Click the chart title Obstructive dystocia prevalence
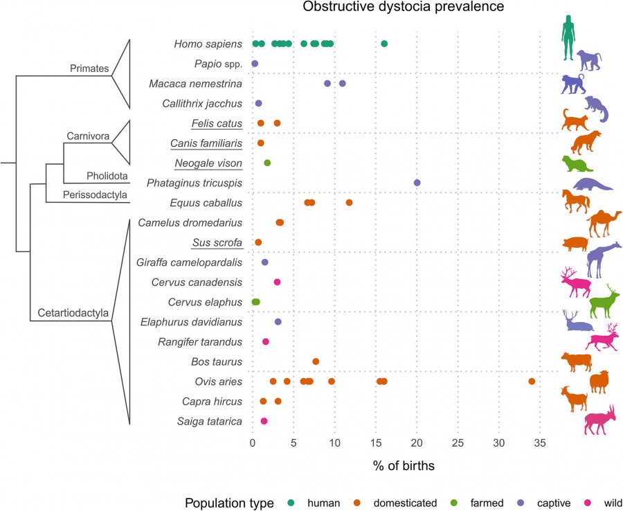pos(404,7)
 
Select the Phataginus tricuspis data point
pos(417,183)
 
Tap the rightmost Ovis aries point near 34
pos(532,382)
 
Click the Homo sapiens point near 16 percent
pos(384,44)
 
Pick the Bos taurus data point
pos(316,361)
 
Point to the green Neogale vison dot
pos(267,163)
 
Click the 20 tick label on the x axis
pos(417,442)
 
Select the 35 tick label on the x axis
pos(540,442)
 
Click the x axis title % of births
pos(404,466)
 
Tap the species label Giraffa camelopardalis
pos(189,262)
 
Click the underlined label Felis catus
pos(217,123)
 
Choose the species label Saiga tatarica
pos(210,421)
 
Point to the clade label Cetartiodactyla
pos(73,313)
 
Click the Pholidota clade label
pos(107,176)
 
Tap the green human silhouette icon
pos(568,38)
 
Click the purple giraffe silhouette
pos(604,259)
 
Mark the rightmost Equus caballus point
pos(350,203)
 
